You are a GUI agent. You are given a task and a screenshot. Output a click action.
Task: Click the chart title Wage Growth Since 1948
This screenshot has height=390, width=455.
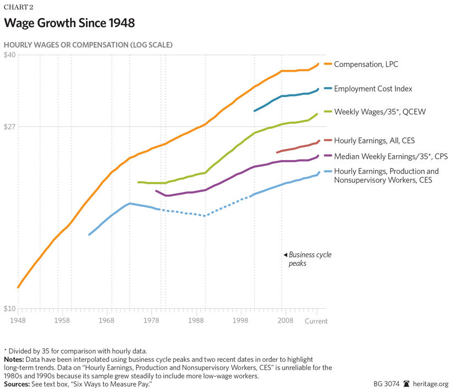(69, 23)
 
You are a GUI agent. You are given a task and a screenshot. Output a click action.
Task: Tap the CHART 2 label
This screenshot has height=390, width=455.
(19, 7)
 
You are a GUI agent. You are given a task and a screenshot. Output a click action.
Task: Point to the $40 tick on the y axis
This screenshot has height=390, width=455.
(10, 55)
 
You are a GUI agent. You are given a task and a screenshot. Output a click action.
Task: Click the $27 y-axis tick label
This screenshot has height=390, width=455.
(10, 126)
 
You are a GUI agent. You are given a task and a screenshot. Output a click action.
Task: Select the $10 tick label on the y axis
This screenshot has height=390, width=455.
(10, 308)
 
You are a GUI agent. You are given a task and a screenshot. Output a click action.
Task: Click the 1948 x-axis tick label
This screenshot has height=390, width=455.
(18, 320)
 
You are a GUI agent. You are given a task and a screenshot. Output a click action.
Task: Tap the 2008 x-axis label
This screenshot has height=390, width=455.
(285, 320)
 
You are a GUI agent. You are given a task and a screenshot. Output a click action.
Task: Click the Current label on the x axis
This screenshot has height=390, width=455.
(317, 320)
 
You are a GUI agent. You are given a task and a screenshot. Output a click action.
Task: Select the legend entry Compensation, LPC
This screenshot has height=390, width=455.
(366, 64)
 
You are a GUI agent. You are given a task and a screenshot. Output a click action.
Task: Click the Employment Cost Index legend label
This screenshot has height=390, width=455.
(373, 88)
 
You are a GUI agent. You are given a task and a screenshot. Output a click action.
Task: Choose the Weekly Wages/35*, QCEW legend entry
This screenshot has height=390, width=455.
(379, 112)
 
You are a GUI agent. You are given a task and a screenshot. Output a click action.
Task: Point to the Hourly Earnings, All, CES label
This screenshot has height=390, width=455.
(374, 141)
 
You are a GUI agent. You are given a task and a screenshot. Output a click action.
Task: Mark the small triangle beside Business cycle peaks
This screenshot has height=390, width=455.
(285, 255)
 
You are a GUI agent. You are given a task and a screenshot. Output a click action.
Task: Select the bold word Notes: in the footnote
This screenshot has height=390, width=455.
(15, 360)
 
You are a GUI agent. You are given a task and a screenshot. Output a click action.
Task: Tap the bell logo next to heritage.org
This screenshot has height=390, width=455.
(406, 383)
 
